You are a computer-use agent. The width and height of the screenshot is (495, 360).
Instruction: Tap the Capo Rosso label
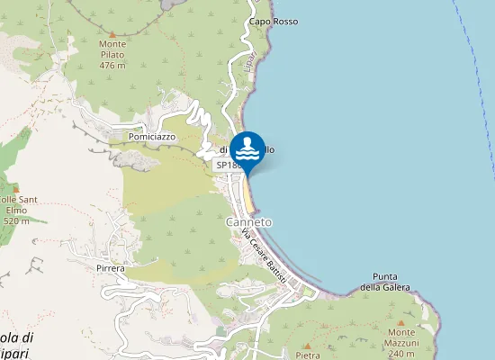pos(274,21)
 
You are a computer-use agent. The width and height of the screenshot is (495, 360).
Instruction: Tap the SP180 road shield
pos(228,166)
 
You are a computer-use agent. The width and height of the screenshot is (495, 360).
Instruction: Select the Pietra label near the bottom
pos(307,355)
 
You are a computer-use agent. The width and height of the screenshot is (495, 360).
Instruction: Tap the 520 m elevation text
pos(16,220)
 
